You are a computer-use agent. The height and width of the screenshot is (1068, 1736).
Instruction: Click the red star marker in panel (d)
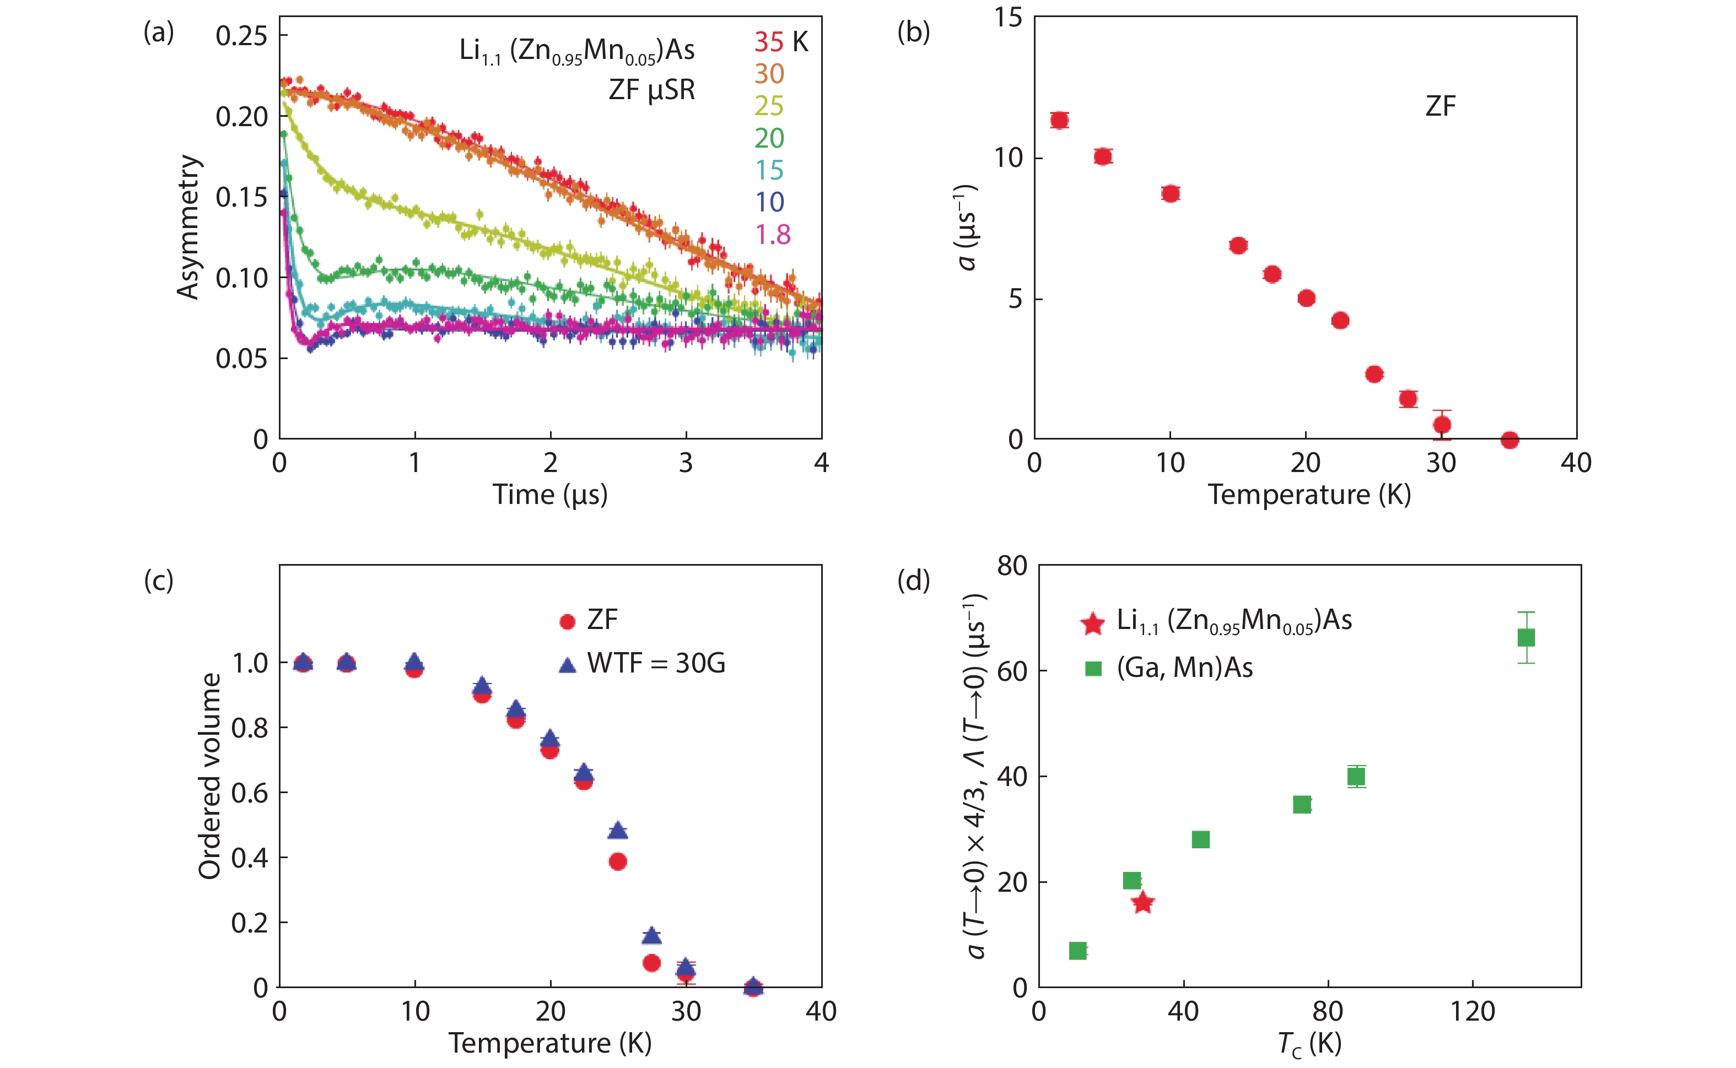click(1142, 902)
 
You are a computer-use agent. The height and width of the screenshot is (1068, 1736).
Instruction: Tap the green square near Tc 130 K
click(1525, 638)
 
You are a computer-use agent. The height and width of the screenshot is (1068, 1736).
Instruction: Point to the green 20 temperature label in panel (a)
click(769, 138)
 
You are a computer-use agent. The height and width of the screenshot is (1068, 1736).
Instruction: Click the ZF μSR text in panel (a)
click(651, 90)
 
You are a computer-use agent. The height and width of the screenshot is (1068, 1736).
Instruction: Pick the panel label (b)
click(913, 32)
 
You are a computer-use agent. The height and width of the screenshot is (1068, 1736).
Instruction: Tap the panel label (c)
click(158, 581)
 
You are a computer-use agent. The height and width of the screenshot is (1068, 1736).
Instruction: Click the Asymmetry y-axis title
click(188, 227)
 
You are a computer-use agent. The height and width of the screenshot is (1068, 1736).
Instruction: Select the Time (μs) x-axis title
click(549, 495)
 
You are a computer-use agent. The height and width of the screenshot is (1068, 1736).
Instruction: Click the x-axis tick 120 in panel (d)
click(1473, 1011)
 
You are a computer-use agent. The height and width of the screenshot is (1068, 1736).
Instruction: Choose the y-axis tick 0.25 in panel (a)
click(241, 35)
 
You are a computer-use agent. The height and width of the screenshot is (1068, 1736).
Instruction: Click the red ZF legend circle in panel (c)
click(567, 622)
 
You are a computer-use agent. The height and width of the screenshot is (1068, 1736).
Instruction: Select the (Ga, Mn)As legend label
click(1184, 668)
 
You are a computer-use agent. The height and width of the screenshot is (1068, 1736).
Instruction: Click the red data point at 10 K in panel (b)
click(1170, 193)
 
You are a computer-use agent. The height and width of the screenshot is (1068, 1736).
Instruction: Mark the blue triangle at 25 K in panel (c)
click(618, 831)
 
